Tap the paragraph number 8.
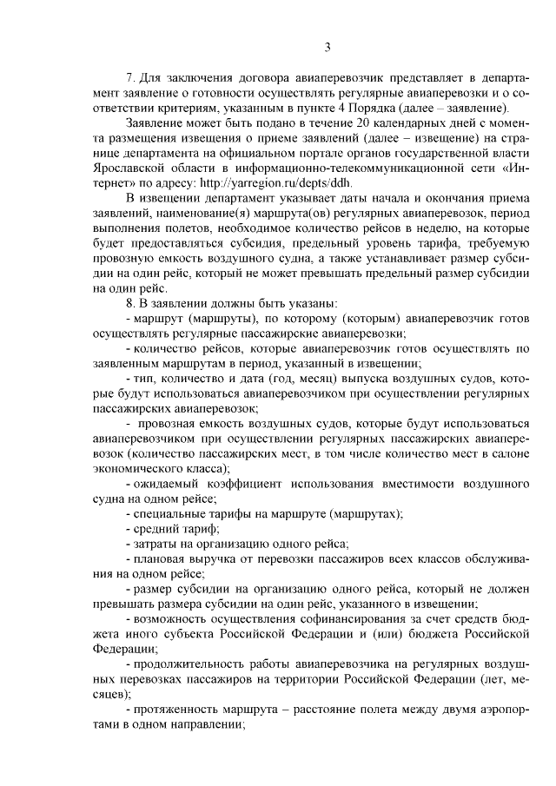(129, 303)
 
